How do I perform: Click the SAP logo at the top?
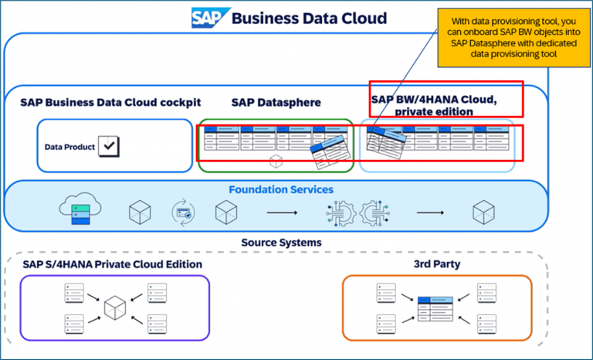tap(206, 18)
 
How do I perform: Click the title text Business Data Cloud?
tap(309, 18)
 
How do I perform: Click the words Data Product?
tap(69, 146)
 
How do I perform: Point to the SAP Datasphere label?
tap(276, 103)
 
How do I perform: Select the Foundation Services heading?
tap(280, 188)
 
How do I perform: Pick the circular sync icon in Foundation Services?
tap(182, 210)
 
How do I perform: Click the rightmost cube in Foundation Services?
tap(483, 210)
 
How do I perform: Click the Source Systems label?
tap(281, 243)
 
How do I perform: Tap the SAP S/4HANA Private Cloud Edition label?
tap(113, 264)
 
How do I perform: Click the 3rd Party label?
tap(437, 264)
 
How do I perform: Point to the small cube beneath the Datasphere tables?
tap(276, 161)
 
